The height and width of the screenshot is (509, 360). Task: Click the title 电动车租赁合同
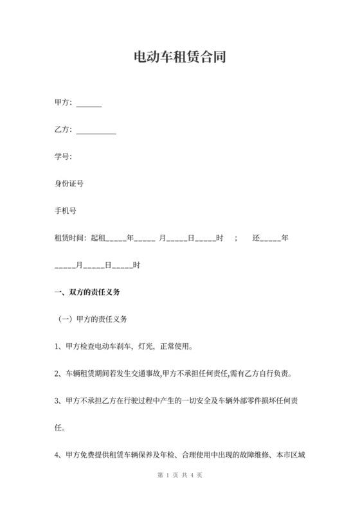coord(179,58)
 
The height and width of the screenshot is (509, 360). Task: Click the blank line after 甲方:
coord(89,104)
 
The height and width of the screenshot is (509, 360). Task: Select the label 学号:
coord(63,157)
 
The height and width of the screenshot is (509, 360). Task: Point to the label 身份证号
coord(69,184)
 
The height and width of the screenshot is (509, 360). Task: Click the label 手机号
coord(66,211)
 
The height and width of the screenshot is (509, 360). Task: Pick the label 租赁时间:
coord(71,238)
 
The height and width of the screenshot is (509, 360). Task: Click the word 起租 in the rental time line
coord(98,238)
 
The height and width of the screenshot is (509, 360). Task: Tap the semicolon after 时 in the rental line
coord(237,238)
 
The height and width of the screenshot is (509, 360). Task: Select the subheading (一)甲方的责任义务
coord(93,318)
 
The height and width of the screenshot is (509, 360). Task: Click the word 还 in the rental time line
coord(255,238)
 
